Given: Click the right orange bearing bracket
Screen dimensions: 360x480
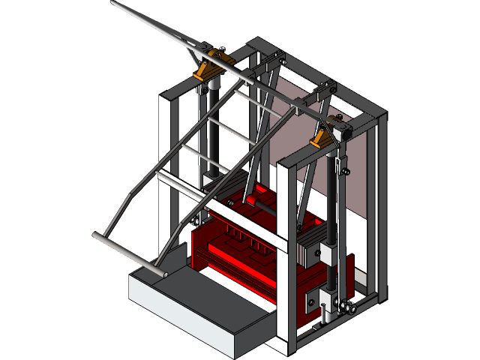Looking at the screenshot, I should point(322,136).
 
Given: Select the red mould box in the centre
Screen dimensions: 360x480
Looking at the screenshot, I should point(240,247).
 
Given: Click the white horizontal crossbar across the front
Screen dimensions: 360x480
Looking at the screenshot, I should point(225,210).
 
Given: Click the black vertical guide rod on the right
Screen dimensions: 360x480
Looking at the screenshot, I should point(331,210).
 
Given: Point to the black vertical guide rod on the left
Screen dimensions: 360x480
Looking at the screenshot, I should point(212,135).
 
